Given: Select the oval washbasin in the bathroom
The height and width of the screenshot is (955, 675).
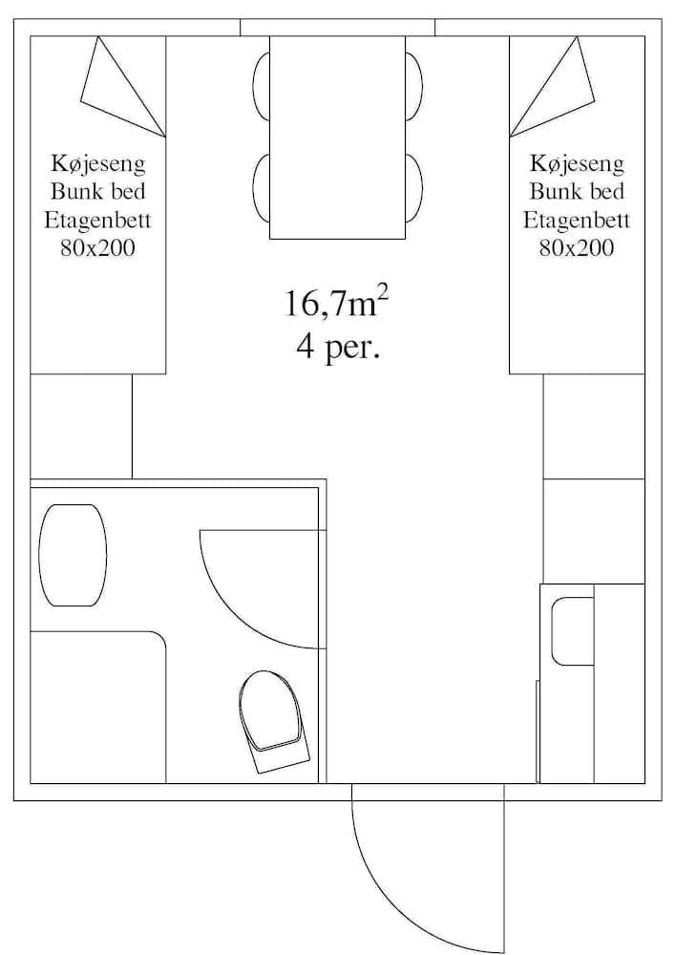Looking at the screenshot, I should [x=73, y=555].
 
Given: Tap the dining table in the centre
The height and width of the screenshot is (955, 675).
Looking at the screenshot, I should [x=337, y=137].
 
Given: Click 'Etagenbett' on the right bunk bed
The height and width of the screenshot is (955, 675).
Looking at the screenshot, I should [x=576, y=221].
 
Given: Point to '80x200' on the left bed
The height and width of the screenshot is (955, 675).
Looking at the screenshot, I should [x=97, y=249].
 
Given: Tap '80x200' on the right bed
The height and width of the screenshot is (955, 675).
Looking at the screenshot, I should [x=576, y=249].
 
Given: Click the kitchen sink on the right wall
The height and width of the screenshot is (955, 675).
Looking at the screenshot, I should [x=573, y=631].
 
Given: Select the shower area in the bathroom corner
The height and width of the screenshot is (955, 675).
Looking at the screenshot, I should [x=97, y=708].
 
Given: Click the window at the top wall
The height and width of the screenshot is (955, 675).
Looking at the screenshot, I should [x=337, y=27].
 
